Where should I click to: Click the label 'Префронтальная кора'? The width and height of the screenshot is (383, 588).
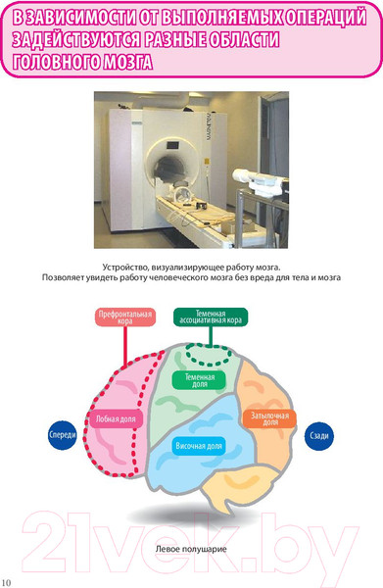pyautogui.click(x=125, y=318)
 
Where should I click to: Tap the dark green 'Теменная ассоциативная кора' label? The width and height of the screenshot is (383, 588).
pyautogui.click(x=211, y=318)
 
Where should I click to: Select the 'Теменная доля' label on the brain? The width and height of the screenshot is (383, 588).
pyautogui.click(x=200, y=380)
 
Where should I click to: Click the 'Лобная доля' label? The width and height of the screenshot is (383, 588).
pyautogui.click(x=116, y=419)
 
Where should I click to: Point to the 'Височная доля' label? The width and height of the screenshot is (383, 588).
pyautogui.click(x=199, y=446)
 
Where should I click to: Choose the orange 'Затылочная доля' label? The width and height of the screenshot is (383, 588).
pyautogui.click(x=269, y=418)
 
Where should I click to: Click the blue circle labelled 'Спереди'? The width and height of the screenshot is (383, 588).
pyautogui.click(x=63, y=435)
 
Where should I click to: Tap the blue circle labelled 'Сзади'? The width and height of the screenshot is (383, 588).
pyautogui.click(x=319, y=436)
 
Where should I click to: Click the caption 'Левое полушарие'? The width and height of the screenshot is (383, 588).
pyautogui.click(x=191, y=549)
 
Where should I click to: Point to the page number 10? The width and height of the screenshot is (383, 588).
pyautogui.click(x=7, y=582)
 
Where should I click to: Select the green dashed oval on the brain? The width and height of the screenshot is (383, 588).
pyautogui.click(x=209, y=355)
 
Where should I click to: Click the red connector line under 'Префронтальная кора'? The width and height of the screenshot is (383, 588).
pyautogui.click(x=125, y=346)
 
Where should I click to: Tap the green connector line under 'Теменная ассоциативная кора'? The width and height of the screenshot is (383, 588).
pyautogui.click(x=211, y=335)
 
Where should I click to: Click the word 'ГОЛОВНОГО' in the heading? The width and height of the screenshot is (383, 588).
pyautogui.click(x=56, y=62)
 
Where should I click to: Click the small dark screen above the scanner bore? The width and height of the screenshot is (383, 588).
pyautogui.click(x=172, y=144)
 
